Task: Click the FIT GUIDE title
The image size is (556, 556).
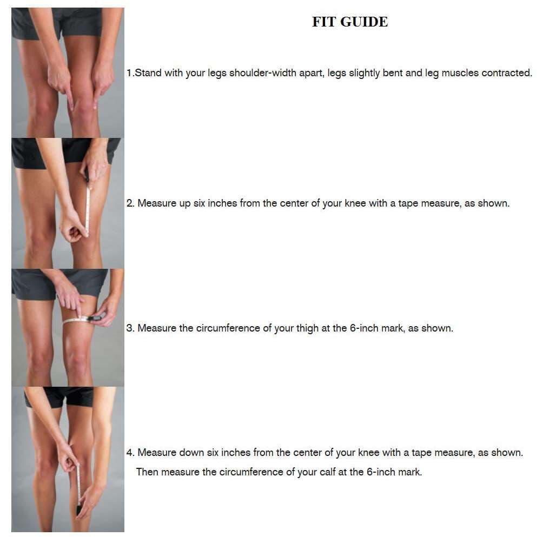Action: click(x=350, y=22)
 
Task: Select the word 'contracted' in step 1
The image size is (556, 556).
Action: click(x=506, y=73)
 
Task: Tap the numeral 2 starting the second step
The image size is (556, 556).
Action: click(x=130, y=203)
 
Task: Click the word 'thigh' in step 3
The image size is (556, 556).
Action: click(x=307, y=328)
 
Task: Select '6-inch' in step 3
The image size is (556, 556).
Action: click(x=365, y=328)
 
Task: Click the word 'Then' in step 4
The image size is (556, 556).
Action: click(x=147, y=472)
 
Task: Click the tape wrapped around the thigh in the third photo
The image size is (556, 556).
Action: click(x=73, y=321)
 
